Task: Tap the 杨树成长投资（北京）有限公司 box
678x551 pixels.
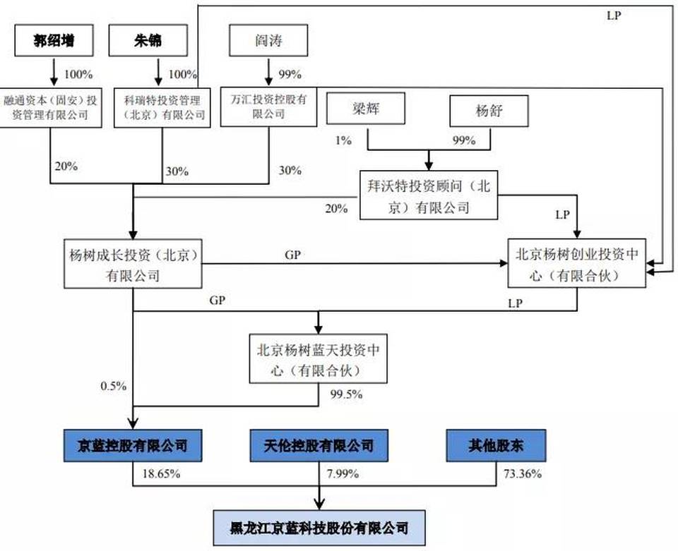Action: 133,265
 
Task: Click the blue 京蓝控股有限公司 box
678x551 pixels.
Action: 134,446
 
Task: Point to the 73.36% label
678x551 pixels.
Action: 523,474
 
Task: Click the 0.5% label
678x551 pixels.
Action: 114,385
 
